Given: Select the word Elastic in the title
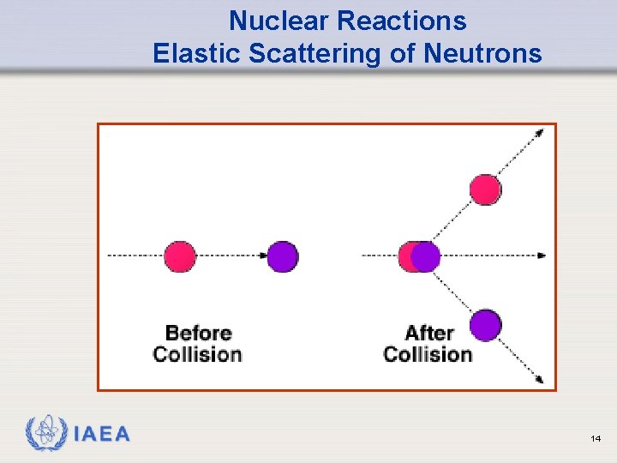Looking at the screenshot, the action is pyautogui.click(x=197, y=53).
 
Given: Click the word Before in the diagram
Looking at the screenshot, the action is pyautogui.click(x=199, y=333).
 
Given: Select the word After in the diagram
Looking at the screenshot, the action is pyautogui.click(x=428, y=333).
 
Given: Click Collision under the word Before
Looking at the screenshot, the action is pyautogui.click(x=198, y=354).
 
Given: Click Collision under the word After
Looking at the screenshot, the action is pyautogui.click(x=428, y=354).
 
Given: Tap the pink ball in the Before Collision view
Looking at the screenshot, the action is pyautogui.click(x=180, y=256).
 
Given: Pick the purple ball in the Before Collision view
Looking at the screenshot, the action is pyautogui.click(x=282, y=256).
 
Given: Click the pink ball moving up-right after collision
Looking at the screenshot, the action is pyautogui.click(x=485, y=189).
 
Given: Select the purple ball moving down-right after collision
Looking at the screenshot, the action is pyautogui.click(x=485, y=325).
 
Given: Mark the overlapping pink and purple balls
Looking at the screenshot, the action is pyautogui.click(x=419, y=256).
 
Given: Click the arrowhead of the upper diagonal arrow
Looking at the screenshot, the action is pyautogui.click(x=539, y=132).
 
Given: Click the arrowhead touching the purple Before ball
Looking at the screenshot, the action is pyautogui.click(x=261, y=256).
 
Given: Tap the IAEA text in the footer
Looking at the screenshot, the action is pyautogui.click(x=102, y=435).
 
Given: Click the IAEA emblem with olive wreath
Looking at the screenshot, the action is pyautogui.click(x=46, y=434).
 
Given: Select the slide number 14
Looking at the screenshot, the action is pyautogui.click(x=596, y=438).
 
